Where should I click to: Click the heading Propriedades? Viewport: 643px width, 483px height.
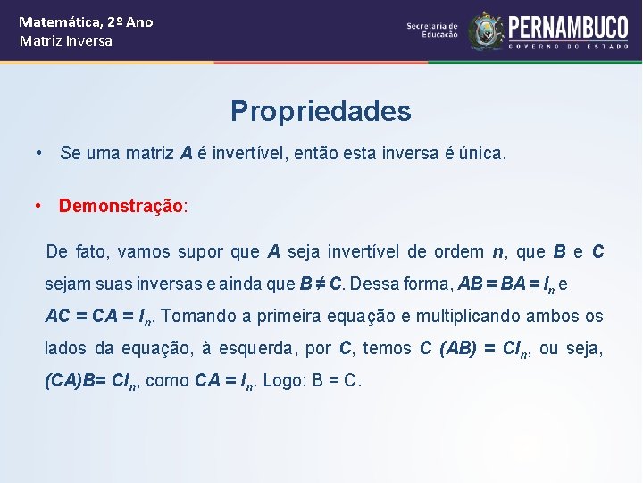point(321,111)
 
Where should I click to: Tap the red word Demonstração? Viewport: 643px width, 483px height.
point(121,206)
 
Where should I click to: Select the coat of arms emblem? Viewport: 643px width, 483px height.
point(486,30)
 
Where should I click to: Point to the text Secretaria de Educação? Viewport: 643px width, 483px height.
point(432,30)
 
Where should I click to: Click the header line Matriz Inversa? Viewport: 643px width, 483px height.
point(66,41)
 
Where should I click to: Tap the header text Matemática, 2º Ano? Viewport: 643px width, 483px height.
point(86,21)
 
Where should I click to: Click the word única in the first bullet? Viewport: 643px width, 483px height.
point(487,154)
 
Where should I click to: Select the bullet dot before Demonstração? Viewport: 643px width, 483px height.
point(39,205)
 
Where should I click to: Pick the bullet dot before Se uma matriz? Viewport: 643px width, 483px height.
point(39,153)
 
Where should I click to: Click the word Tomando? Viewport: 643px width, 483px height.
point(195,316)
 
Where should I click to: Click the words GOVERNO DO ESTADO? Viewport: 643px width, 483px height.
point(568,46)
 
